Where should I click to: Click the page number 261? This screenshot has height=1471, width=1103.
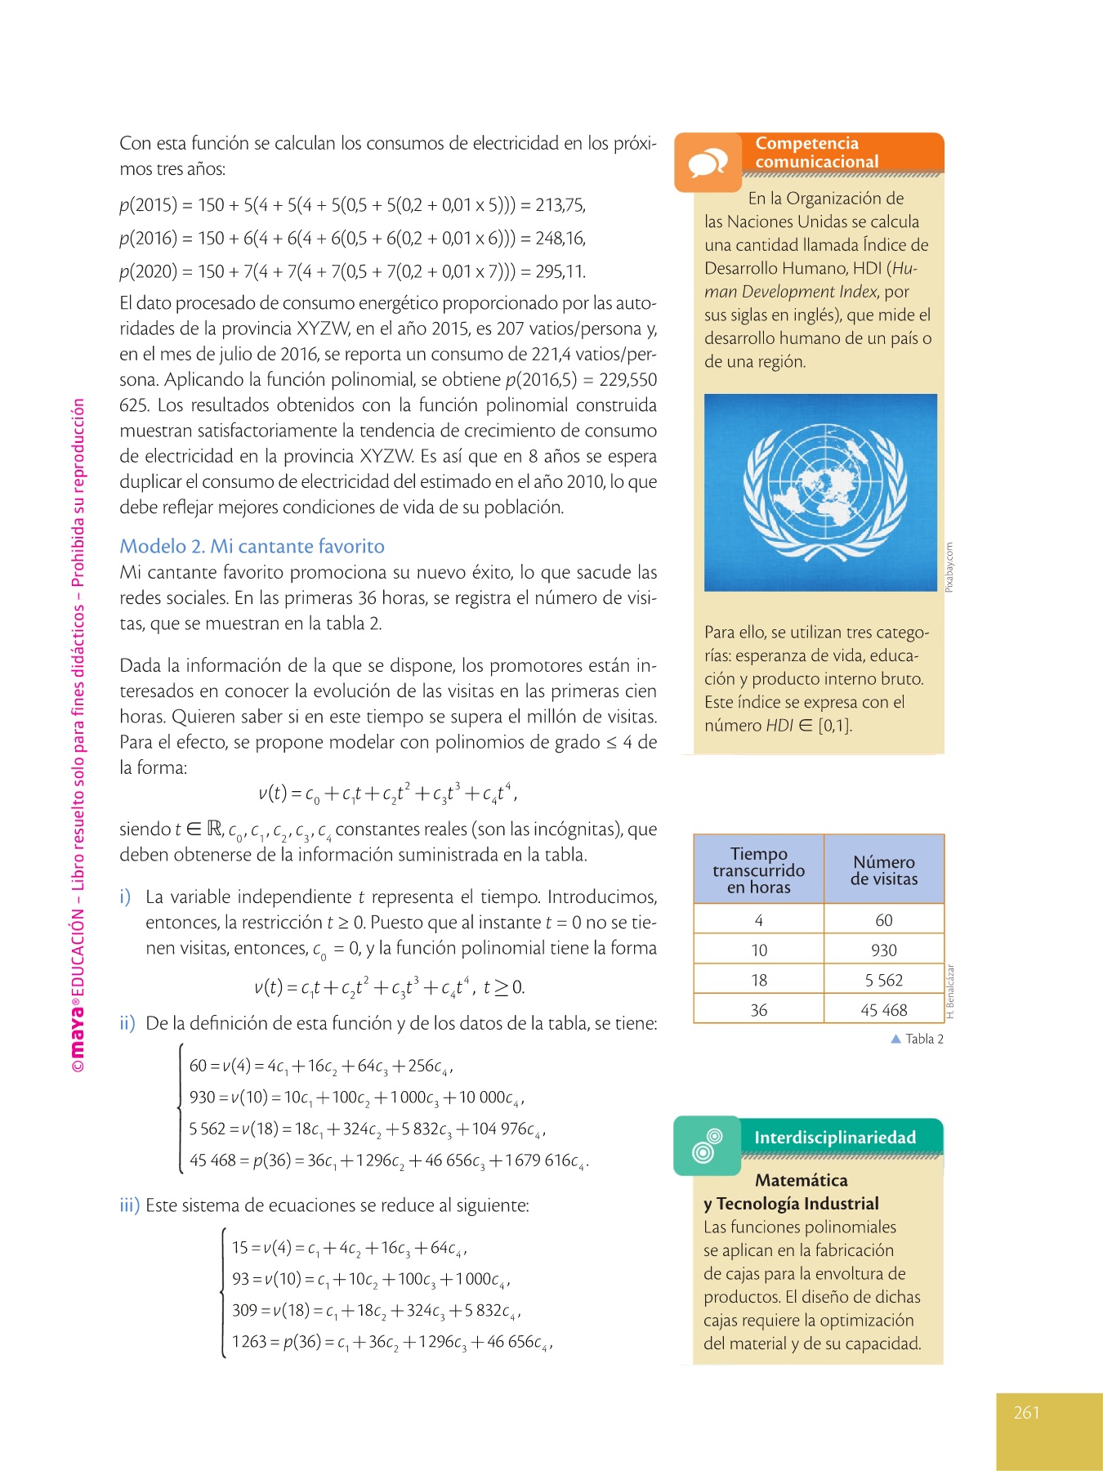pyautogui.click(x=1026, y=1412)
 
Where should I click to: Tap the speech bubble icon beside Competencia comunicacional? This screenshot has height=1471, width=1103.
pyautogui.click(x=708, y=163)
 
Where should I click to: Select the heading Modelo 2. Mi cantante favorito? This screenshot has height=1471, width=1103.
pyautogui.click(x=252, y=546)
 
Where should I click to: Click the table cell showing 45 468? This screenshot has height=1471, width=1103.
pyautogui.click(x=883, y=1010)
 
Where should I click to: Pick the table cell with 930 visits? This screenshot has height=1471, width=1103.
pyautogui.click(x=883, y=950)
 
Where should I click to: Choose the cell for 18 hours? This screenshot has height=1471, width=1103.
pyautogui.click(x=758, y=980)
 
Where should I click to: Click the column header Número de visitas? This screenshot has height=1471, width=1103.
pyautogui.click(x=883, y=870)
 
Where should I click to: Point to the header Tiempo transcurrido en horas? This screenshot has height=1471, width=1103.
pyautogui.click(x=758, y=870)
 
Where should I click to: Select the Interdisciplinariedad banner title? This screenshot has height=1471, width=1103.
pyautogui.click(x=834, y=1138)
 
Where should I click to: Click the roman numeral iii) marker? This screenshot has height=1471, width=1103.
pyautogui.click(x=130, y=1205)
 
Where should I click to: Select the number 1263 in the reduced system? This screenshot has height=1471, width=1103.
pyautogui.click(x=248, y=1342)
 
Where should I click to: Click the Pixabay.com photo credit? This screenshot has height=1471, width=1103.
pyautogui.click(x=949, y=567)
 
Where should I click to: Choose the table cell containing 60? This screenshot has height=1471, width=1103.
pyautogui.click(x=883, y=920)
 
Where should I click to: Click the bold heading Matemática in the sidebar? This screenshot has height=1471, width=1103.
pyautogui.click(x=801, y=1180)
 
